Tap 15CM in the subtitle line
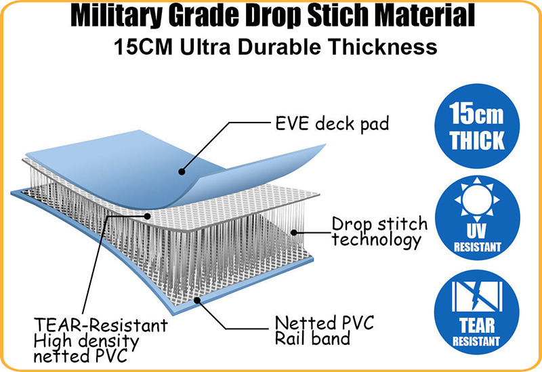pos(143,47)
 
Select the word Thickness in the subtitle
pos(383,47)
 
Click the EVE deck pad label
pos(332,123)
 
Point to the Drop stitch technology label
pos(379,232)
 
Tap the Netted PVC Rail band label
pos(325,330)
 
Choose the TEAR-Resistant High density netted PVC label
pos(100,340)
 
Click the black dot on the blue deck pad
pos(182,171)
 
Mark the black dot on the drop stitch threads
pos(294,232)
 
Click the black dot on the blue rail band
pos(197,300)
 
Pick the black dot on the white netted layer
pos(148,216)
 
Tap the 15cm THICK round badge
pos(477,126)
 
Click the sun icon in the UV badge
pos(477,199)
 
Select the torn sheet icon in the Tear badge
pos(477,296)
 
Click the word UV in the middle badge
pos(477,231)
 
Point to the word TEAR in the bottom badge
pos(477,325)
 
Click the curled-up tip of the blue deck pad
pos(324,145)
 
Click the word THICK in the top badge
pos(477,140)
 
